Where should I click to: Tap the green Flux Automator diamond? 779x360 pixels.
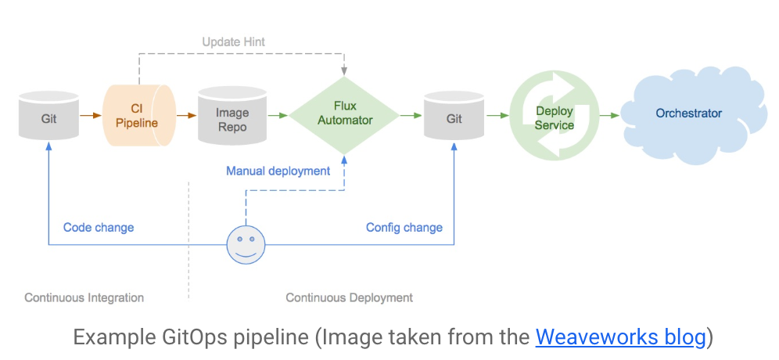(x=344, y=114)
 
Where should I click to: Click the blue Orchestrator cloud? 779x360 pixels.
(x=688, y=114)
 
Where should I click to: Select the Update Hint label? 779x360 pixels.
(x=233, y=41)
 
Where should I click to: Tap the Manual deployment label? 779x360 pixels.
(x=278, y=171)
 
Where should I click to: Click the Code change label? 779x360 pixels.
(x=99, y=228)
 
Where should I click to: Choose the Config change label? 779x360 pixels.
(x=404, y=228)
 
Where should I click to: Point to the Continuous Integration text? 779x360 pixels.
(x=84, y=297)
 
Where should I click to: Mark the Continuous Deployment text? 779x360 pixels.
(x=349, y=297)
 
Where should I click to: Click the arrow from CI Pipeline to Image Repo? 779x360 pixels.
(x=186, y=116)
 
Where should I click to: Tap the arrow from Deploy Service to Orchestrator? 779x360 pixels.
(x=610, y=116)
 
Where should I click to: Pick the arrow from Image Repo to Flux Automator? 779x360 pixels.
(x=277, y=116)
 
